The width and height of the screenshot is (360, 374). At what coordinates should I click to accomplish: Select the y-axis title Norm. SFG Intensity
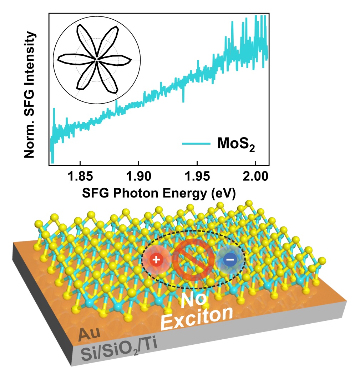pos(31,95)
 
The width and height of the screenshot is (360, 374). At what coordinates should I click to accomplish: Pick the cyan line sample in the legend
pos(196,144)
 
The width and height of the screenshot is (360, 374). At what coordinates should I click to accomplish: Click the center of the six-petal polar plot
pos(97,60)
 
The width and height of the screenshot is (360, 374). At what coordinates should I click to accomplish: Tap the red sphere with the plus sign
pos(155,260)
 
